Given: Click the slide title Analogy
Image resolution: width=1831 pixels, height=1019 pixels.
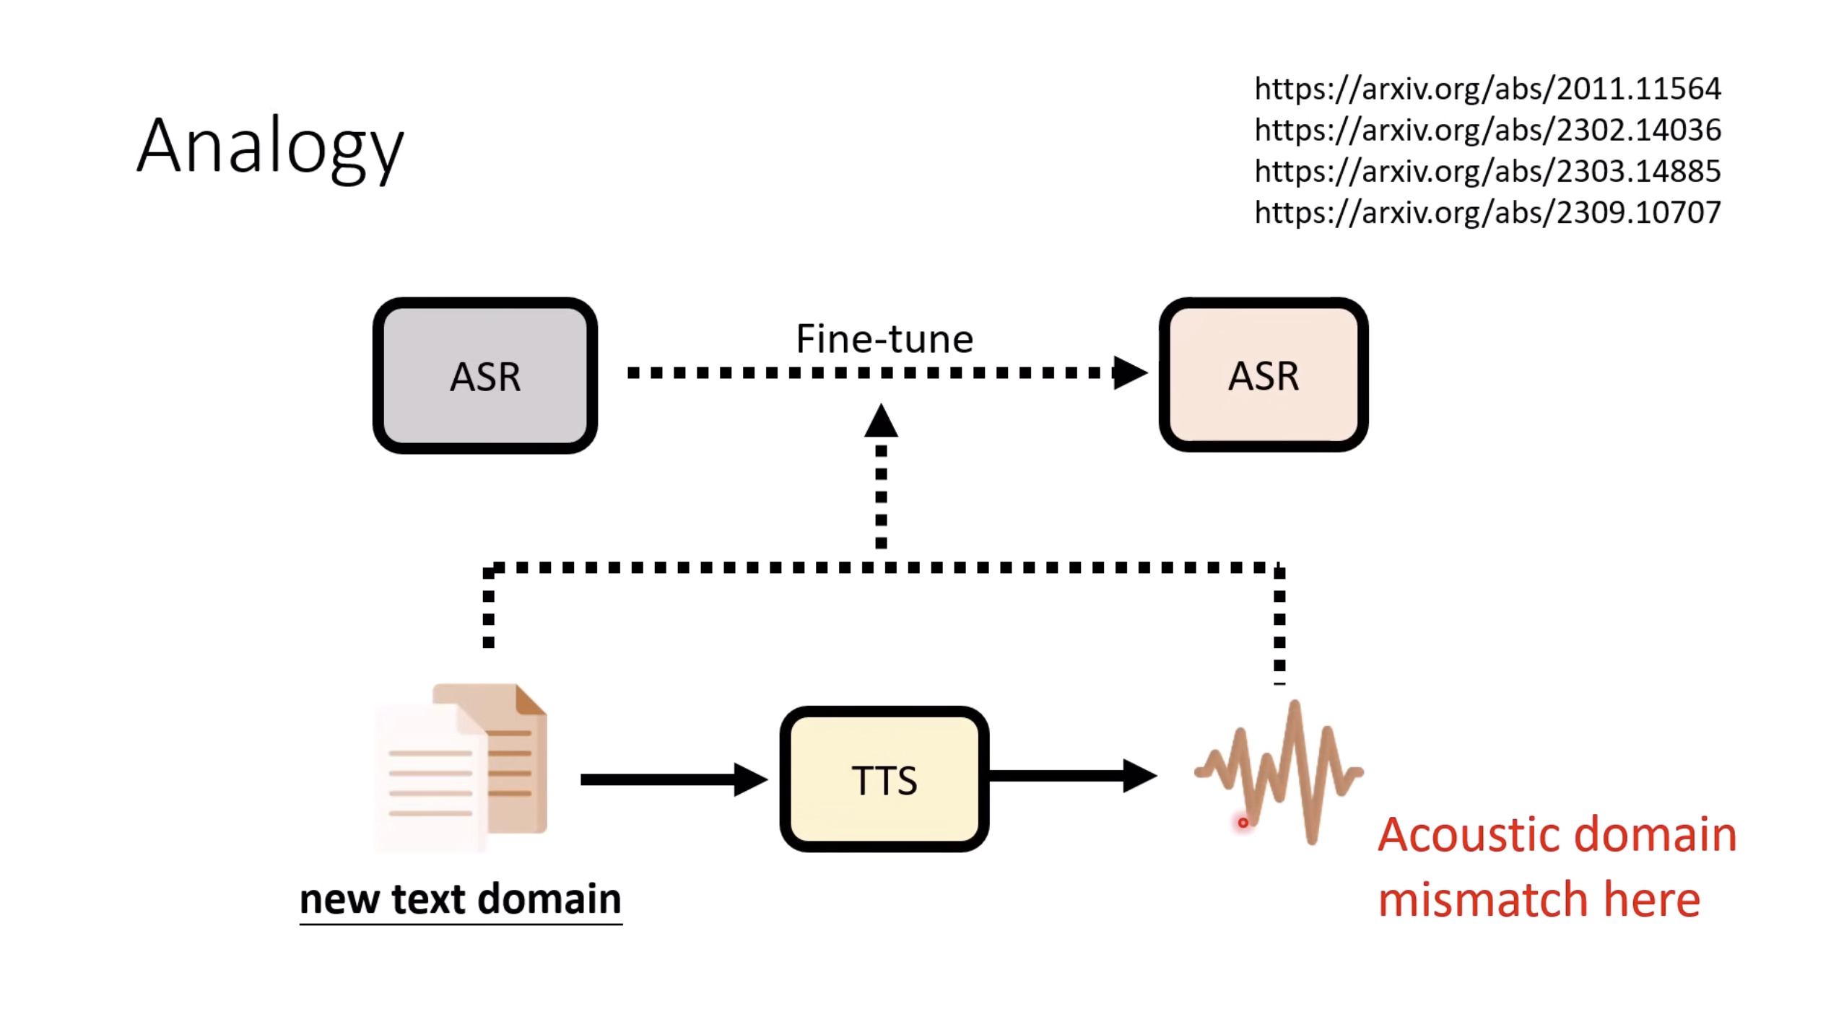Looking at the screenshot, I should click(270, 147).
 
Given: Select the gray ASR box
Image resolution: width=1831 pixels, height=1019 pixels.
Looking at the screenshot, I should click(484, 375).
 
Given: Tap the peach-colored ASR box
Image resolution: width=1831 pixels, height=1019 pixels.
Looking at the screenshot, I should click(1263, 375).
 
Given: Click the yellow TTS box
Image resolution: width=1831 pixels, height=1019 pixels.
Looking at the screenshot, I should click(884, 779).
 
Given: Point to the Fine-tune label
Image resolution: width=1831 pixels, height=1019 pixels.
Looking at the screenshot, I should click(884, 338).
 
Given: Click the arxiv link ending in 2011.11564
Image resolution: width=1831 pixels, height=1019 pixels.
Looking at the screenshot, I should click(1487, 89).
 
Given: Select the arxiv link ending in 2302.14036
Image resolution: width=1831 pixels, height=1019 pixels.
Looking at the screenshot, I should click(1487, 130).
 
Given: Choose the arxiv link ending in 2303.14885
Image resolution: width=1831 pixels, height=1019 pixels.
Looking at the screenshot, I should click(1487, 171).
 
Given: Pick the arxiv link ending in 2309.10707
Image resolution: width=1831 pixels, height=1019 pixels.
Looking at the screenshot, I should click(1487, 212).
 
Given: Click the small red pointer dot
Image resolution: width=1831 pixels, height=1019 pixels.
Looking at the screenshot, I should click(1243, 823).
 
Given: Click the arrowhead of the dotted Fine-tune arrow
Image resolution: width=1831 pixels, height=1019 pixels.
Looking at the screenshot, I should click(1129, 372).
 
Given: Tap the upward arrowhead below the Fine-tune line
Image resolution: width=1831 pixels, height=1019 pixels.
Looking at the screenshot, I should click(881, 421).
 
